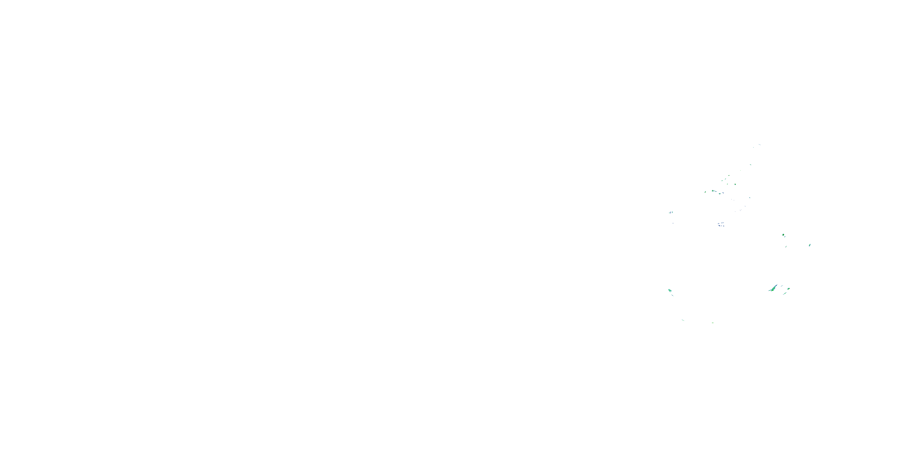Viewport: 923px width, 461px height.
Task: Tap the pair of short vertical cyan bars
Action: [670, 212]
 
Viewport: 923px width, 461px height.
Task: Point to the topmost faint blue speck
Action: [759, 144]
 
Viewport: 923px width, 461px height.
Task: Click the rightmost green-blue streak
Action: [810, 245]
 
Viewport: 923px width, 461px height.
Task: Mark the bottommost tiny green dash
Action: [713, 323]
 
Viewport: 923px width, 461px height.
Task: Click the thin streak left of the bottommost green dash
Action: [683, 320]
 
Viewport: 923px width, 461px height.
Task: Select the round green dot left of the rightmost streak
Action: [783, 235]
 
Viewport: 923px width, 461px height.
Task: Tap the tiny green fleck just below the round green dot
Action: [786, 246]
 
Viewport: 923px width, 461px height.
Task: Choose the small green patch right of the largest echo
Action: [788, 289]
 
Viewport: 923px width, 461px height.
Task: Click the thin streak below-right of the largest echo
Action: [784, 294]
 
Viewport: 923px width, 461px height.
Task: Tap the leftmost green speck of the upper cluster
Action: [705, 192]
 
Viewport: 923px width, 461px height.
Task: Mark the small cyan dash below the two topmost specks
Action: [751, 165]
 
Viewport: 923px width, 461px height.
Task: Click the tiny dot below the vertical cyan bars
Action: [673, 223]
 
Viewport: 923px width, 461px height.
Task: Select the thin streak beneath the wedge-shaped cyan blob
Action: [673, 295]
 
